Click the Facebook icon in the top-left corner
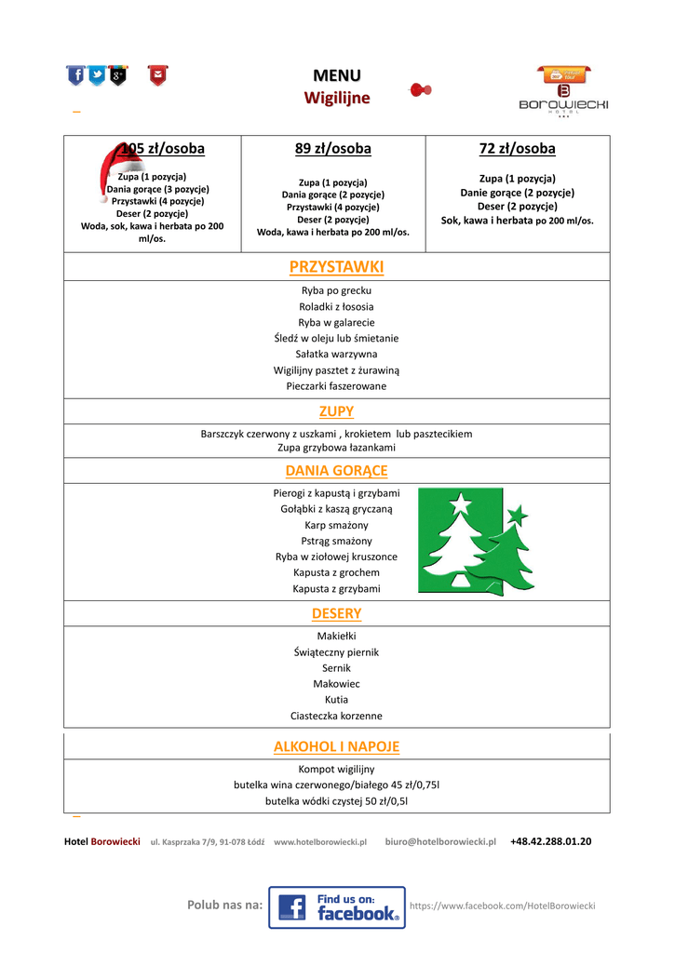pos(75,74)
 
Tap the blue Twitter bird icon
pos(97,74)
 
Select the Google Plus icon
pos(117,74)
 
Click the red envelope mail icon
pos(157,74)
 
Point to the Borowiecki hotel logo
pos(563,92)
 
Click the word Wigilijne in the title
pos(337,98)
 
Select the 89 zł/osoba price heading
pos(332,149)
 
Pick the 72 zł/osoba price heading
pos(517,149)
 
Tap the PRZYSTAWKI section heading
pos(336,267)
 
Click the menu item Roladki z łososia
pos(336,306)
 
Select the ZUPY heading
pos(336,411)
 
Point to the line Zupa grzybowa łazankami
pos(336,448)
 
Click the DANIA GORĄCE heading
pos(336,471)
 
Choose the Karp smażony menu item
pos(336,525)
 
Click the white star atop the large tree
pos(460,503)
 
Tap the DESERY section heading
pos(336,613)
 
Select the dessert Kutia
pos(336,700)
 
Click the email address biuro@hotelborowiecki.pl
pos(440,841)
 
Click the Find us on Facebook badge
pos(337,907)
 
